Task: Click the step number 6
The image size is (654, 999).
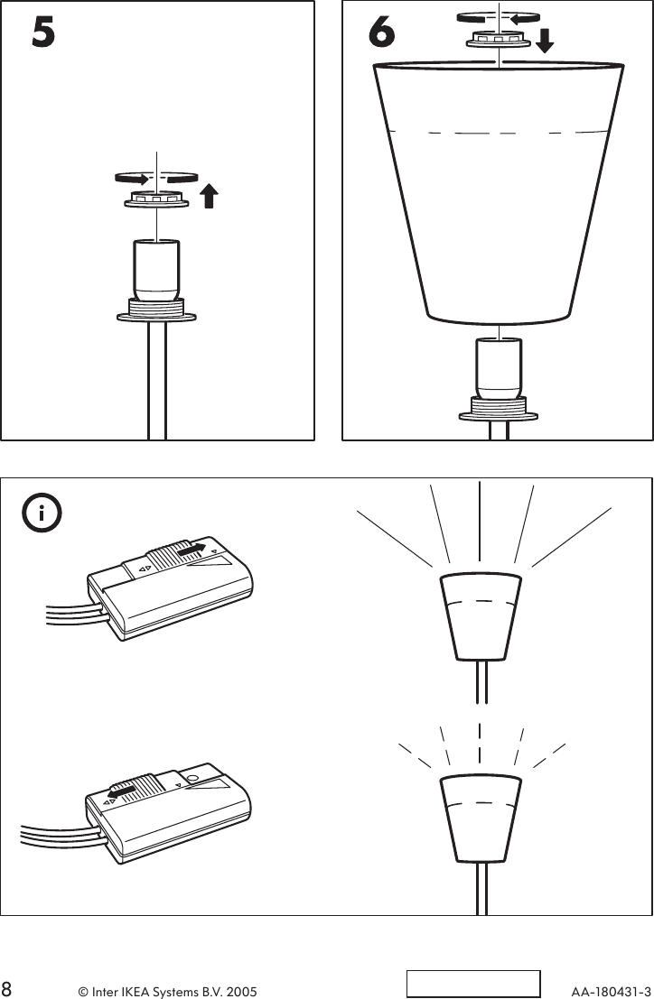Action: coord(382,33)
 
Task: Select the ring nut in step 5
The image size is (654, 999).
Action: coord(156,199)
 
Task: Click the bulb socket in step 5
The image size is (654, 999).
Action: coord(157,268)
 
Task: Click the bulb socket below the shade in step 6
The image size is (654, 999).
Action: coord(498,367)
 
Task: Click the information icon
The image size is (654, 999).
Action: coord(42,514)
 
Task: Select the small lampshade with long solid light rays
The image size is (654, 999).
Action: coord(479,615)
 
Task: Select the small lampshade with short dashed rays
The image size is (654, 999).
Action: coord(479,817)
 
